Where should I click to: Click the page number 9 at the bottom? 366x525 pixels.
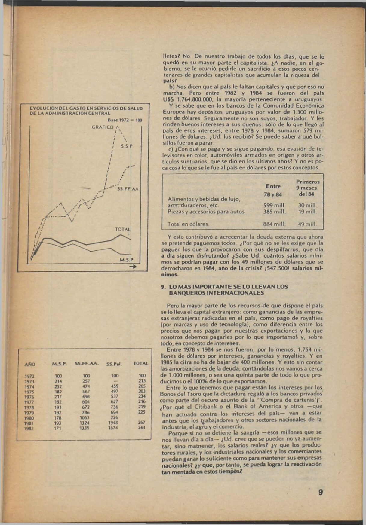pyautogui.click(x=321, y=492)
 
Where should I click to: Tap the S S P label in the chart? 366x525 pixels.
pyautogui.click(x=127, y=146)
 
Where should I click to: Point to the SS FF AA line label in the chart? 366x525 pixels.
pyautogui.click(x=128, y=189)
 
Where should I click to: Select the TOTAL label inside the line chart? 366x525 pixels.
pyautogui.click(x=123, y=229)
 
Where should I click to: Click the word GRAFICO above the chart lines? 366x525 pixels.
pyautogui.click(x=103, y=127)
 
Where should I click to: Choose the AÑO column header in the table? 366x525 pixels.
pyautogui.click(x=30, y=365)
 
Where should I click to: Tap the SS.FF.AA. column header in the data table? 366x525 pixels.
pyautogui.click(x=87, y=364)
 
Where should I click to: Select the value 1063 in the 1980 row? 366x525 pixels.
pyautogui.click(x=85, y=417)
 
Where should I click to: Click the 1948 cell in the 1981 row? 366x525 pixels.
pyautogui.click(x=113, y=423)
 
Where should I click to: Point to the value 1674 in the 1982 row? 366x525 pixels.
pyautogui.click(x=113, y=428)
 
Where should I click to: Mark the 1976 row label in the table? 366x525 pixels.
pyautogui.click(x=29, y=397)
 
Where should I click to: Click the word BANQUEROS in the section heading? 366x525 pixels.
pyautogui.click(x=187, y=293)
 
